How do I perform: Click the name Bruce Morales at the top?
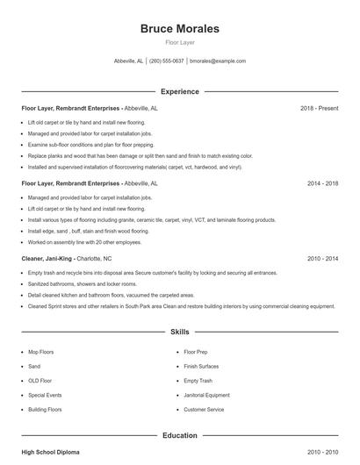tap(180, 29)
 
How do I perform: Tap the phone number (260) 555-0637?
tap(167, 61)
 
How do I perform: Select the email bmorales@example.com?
tap(218, 61)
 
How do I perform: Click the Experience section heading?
tap(180, 91)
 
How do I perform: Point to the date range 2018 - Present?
tap(319, 108)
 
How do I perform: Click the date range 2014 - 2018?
tap(322, 184)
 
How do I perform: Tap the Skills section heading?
tap(180, 333)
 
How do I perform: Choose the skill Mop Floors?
tap(41, 352)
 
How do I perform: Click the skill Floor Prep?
tap(197, 352)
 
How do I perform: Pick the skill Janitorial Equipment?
tap(206, 395)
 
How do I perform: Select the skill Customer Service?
tap(204, 410)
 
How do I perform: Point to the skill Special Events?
tap(46, 395)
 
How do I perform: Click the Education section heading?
tap(180, 435)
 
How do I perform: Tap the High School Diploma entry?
tap(50, 452)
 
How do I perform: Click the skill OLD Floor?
tap(40, 381)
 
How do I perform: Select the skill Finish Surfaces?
tap(201, 366)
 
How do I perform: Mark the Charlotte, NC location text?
tap(95, 260)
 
